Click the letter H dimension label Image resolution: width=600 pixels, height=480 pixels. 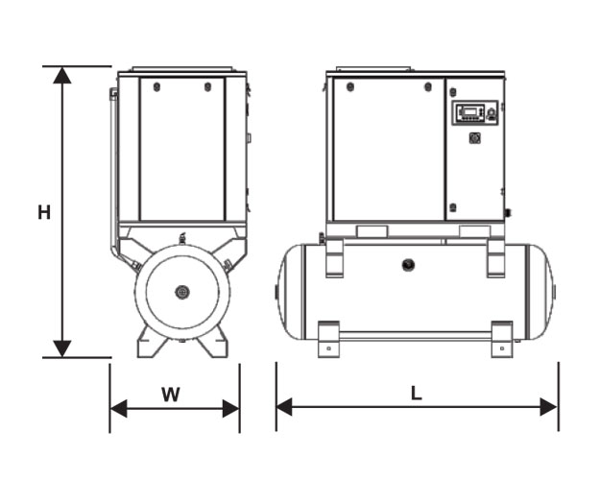pyautogui.click(x=44, y=212)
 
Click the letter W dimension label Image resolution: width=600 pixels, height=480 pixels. pyautogui.click(x=171, y=395)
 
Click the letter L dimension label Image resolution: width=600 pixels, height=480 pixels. pyautogui.click(x=417, y=393)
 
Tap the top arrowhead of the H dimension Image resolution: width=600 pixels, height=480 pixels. pyautogui.click(x=62, y=75)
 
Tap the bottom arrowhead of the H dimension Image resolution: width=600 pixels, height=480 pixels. pyautogui.click(x=62, y=348)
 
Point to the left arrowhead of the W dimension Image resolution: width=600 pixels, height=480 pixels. pyautogui.click(x=119, y=408)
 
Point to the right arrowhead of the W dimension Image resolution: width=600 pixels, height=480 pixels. pyautogui.click(x=231, y=408)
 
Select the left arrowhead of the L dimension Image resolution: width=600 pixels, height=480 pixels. pyautogui.click(x=284, y=406)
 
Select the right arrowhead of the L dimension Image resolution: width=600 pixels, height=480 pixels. pyautogui.click(x=549, y=406)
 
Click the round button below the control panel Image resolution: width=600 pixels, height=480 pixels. pyautogui.click(x=475, y=138)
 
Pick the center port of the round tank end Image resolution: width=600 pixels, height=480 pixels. pyautogui.click(x=182, y=293)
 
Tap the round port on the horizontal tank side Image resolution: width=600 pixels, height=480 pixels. pyautogui.click(x=408, y=264)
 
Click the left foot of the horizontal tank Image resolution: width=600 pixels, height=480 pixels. pyautogui.click(x=328, y=339)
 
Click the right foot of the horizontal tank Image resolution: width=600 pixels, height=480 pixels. pyautogui.click(x=502, y=339)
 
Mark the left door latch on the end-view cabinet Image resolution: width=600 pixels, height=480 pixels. pyautogui.click(x=156, y=87)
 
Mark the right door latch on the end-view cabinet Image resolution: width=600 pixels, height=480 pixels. pyautogui.click(x=207, y=87)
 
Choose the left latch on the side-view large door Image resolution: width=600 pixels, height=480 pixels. pyautogui.click(x=349, y=87)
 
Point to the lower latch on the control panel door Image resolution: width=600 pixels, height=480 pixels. pyautogui.click(x=453, y=208)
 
